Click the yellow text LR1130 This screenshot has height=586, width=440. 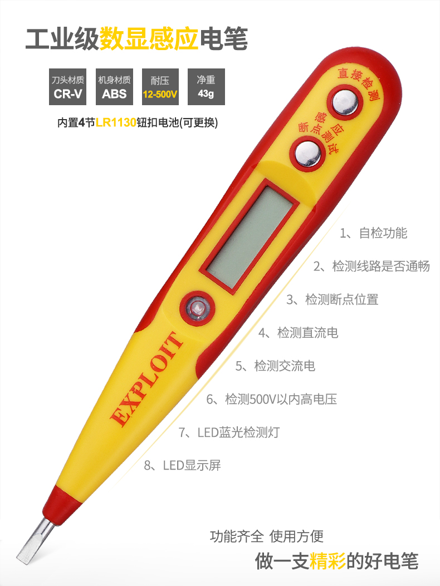point(116,122)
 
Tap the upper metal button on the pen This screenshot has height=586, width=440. point(344,103)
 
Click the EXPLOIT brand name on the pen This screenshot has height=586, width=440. point(148,378)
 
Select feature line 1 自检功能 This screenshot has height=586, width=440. point(374,233)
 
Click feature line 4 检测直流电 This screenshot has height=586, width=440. point(298,333)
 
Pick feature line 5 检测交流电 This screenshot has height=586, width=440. point(275,366)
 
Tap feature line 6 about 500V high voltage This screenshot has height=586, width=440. point(271,399)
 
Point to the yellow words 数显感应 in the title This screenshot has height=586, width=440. point(149,38)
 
